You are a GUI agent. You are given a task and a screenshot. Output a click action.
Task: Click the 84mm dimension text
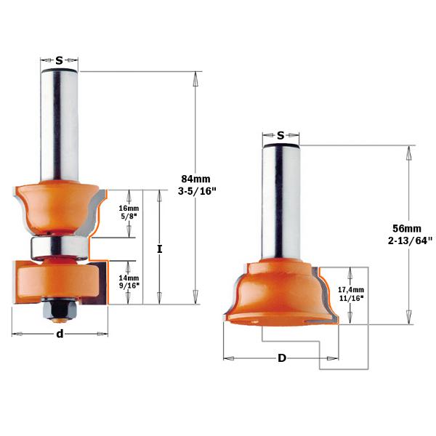tap(194, 177)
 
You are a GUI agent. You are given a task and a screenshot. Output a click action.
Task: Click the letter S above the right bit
tap(280, 135)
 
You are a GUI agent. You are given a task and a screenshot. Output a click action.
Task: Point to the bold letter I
tap(159, 249)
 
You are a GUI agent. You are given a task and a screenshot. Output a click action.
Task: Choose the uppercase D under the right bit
tap(280, 358)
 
